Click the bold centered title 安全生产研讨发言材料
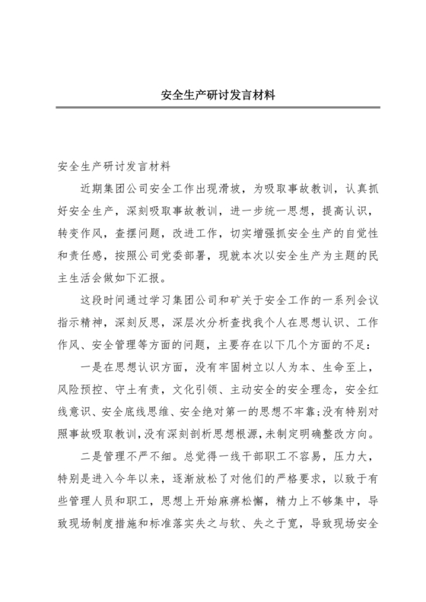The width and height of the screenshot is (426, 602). click(x=213, y=97)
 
